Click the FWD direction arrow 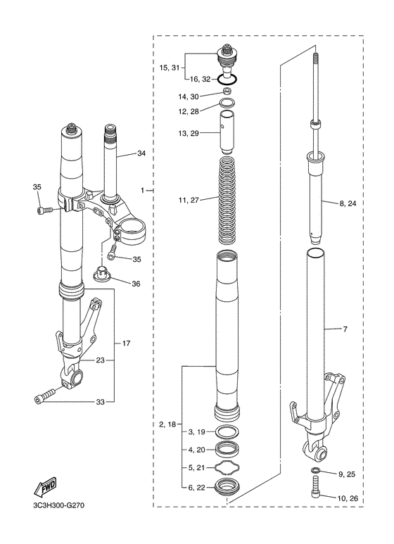[x=45, y=487]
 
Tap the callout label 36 [x=136, y=284]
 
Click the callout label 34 [x=141, y=153]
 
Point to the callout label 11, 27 [x=189, y=200]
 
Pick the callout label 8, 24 [x=348, y=203]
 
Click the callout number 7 [x=345, y=329]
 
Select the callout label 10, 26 [x=348, y=499]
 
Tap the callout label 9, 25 [x=346, y=474]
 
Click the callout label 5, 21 [x=197, y=468]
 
